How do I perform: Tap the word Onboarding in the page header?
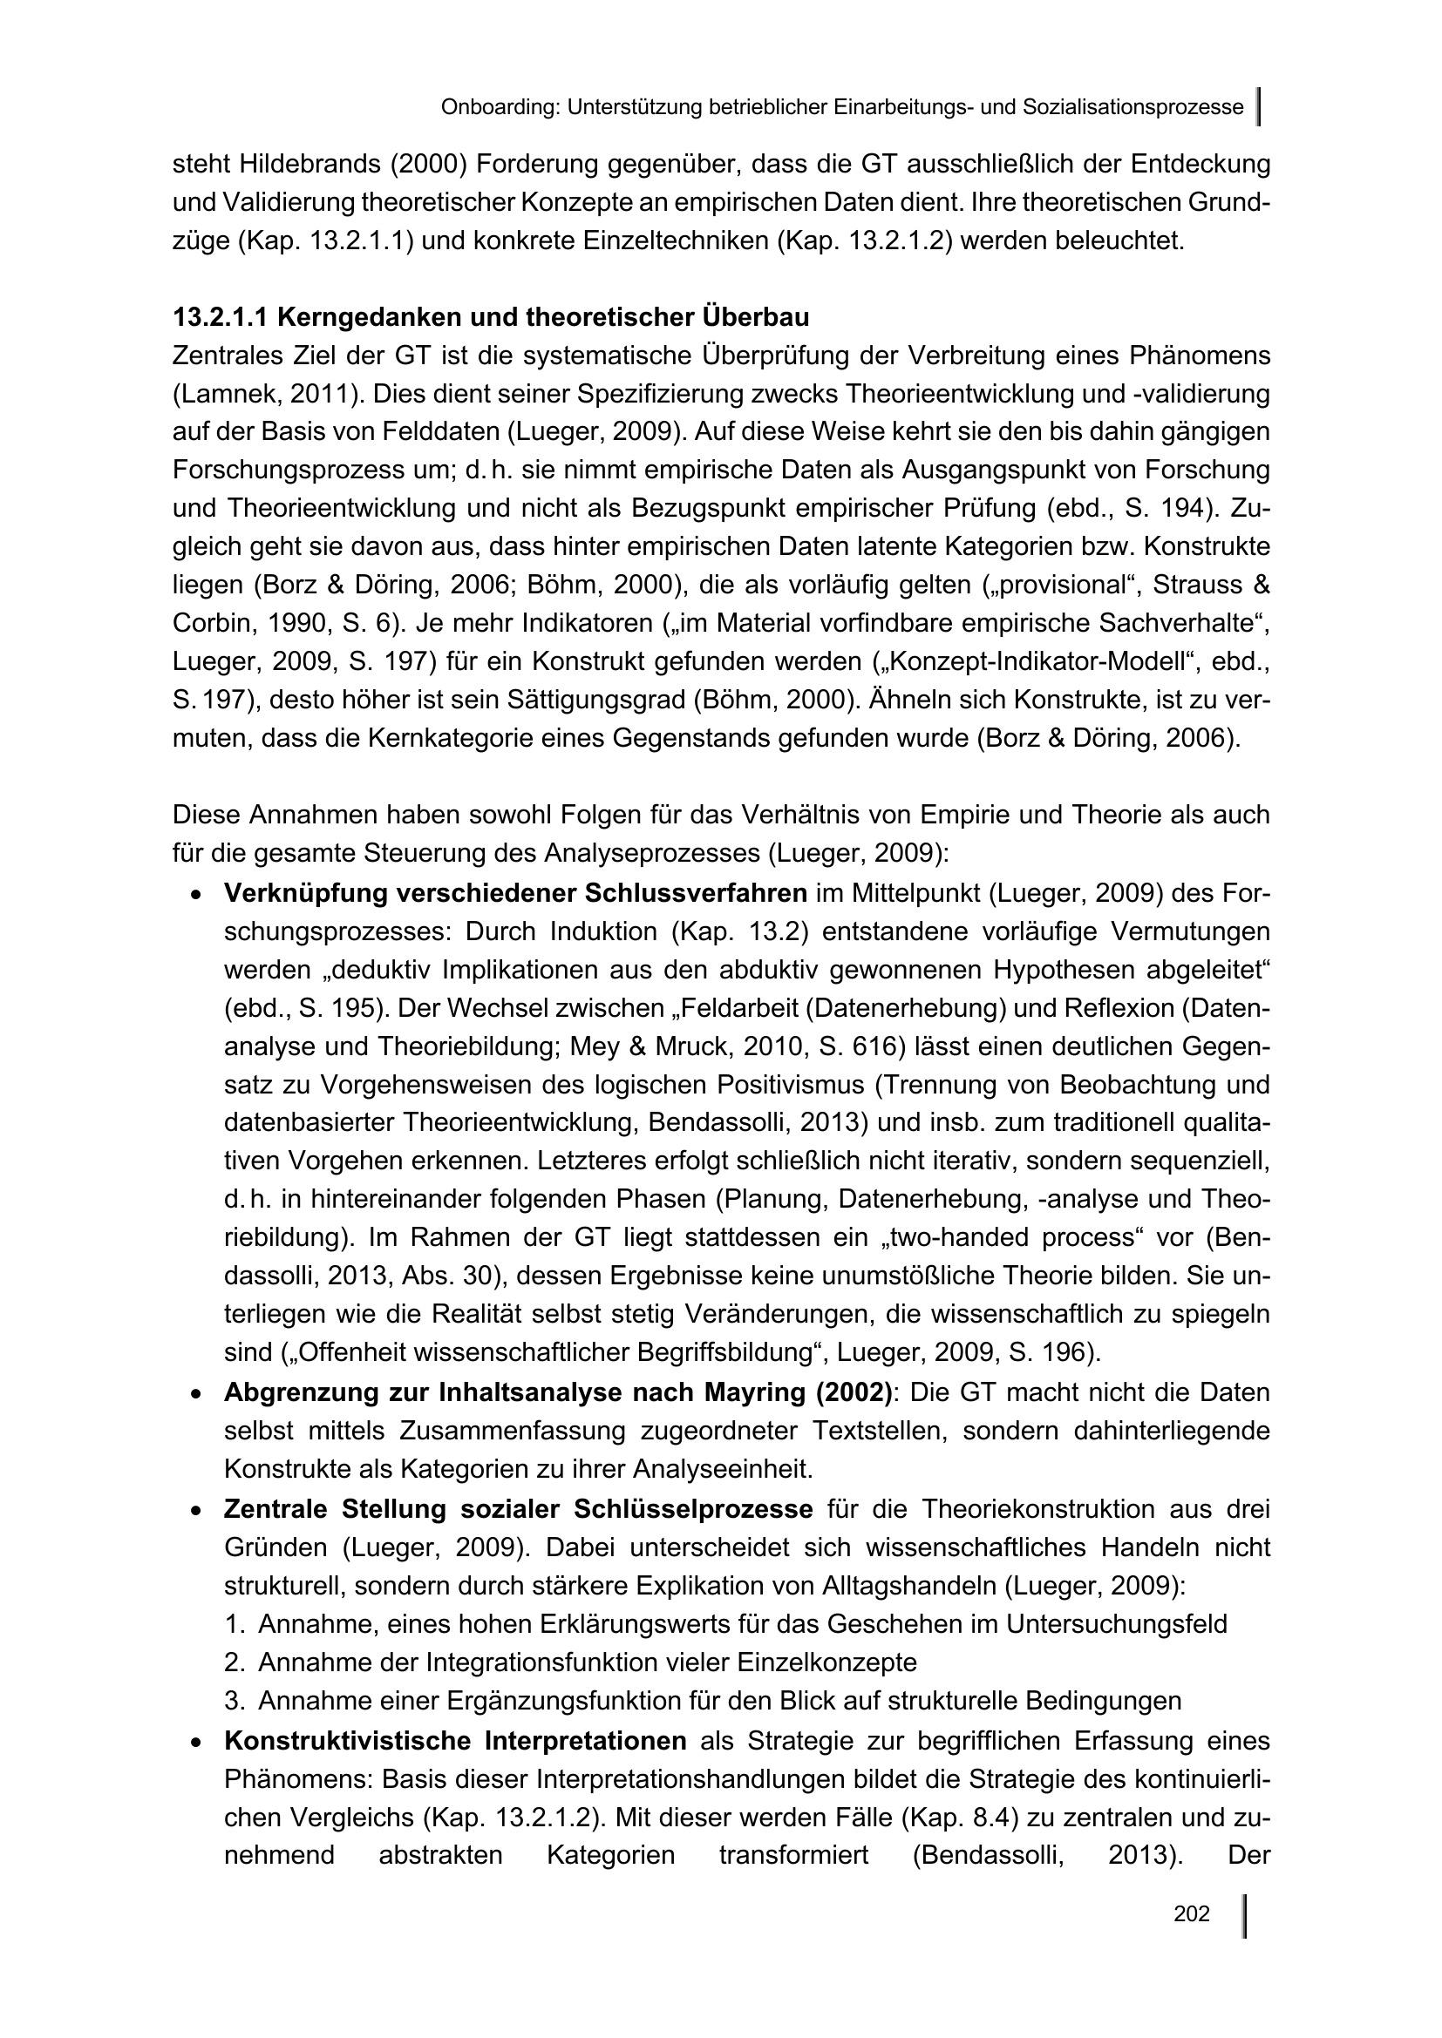[x=499, y=107]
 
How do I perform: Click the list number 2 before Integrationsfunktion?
[x=234, y=1662]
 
